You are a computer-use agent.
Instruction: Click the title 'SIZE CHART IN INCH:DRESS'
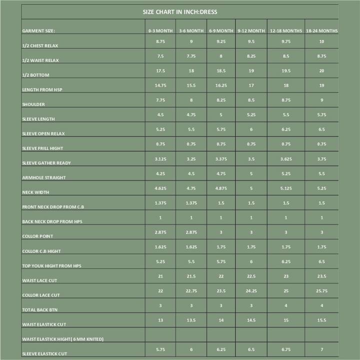[179, 12]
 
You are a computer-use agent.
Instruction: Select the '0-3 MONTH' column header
[160, 31]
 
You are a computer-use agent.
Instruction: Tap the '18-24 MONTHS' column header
[321, 31]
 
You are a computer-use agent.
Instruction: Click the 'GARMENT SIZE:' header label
[38, 31]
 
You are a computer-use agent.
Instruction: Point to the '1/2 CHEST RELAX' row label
[40, 46]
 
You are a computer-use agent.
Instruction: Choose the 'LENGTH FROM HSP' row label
[42, 90]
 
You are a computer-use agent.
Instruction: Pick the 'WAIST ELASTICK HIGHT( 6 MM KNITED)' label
[63, 339]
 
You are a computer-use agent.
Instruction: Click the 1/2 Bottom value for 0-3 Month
[160, 71]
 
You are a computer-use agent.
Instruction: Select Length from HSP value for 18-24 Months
[321, 85]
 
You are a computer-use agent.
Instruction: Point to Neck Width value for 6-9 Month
[221, 188]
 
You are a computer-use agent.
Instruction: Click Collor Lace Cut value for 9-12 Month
[251, 291]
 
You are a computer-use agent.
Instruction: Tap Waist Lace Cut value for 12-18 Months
[286, 276]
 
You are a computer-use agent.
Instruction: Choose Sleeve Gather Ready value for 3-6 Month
[191, 159]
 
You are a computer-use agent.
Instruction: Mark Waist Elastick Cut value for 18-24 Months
[321, 320]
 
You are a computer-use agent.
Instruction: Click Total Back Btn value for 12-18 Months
[286, 305]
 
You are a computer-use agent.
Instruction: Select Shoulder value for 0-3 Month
[160, 100]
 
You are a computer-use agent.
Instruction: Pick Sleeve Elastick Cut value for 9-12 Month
[251, 349]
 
